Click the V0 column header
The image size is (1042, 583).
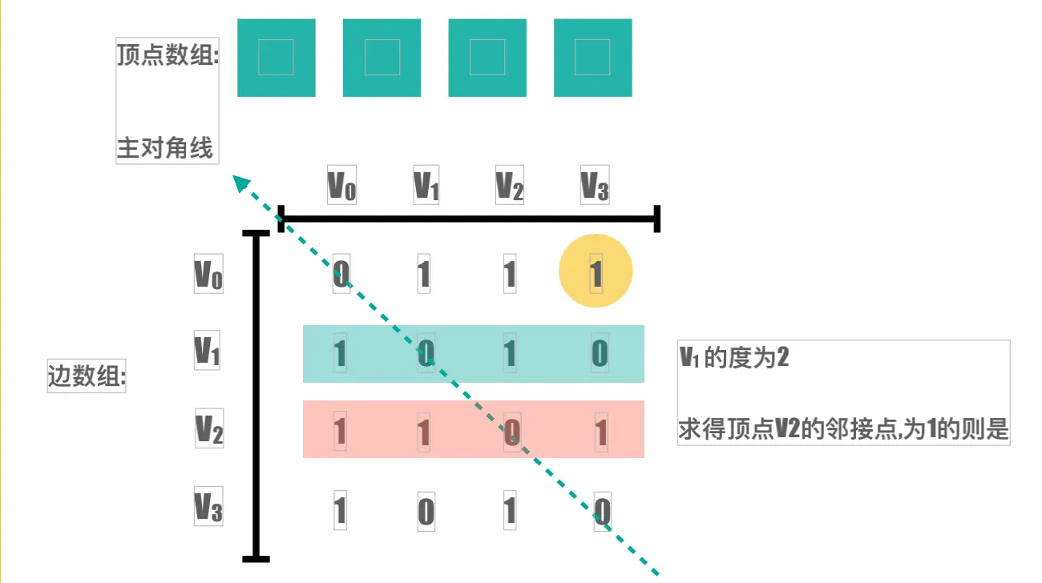click(x=342, y=185)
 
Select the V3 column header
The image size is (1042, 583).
click(x=595, y=185)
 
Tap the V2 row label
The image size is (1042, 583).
click(x=209, y=428)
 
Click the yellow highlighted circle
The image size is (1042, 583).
click(x=596, y=271)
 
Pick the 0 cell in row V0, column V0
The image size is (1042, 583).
click(x=341, y=275)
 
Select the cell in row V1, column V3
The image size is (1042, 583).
click(x=600, y=353)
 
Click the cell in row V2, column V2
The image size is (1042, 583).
click(x=512, y=432)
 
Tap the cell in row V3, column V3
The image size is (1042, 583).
click(x=603, y=510)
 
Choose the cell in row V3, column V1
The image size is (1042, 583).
click(x=426, y=510)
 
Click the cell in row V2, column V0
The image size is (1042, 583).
click(x=340, y=432)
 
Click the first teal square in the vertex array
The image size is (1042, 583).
click(x=277, y=57)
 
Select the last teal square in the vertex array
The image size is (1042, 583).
click(x=592, y=57)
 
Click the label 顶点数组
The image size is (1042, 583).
click(x=168, y=56)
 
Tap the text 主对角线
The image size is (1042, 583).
click(x=165, y=148)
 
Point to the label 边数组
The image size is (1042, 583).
click(x=87, y=376)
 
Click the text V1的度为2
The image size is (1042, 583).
click(x=734, y=357)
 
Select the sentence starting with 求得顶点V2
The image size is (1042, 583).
click(x=843, y=430)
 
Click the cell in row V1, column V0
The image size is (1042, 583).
click(x=340, y=353)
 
